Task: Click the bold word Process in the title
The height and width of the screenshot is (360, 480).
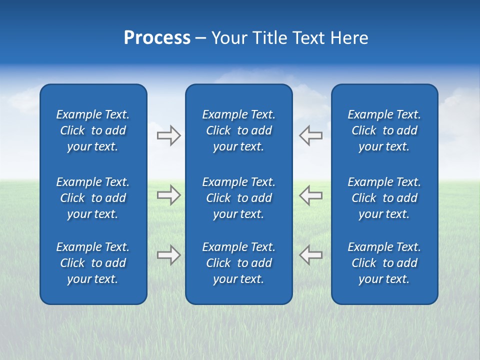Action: point(157,38)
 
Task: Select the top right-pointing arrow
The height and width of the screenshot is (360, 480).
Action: point(169,135)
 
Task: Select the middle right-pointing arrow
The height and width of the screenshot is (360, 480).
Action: point(169,195)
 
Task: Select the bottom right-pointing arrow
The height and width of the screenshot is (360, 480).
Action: point(169,255)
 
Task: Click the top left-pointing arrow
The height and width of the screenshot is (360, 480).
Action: point(310,135)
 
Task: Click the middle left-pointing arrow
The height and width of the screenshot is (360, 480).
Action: point(310,195)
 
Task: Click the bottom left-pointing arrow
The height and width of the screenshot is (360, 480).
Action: point(310,255)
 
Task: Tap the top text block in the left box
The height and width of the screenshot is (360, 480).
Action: point(93,130)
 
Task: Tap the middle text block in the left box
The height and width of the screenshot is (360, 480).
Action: point(93,198)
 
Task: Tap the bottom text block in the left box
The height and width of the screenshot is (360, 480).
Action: point(93,263)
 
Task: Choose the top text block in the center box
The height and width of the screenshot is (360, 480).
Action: point(238,130)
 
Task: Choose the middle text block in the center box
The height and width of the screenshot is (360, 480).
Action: point(238,198)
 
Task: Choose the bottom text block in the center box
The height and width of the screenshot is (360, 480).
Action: point(238,263)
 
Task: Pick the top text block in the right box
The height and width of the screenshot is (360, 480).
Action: point(384,130)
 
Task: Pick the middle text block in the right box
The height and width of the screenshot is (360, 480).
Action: point(384,198)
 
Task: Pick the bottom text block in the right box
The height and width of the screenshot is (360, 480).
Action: point(384,263)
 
